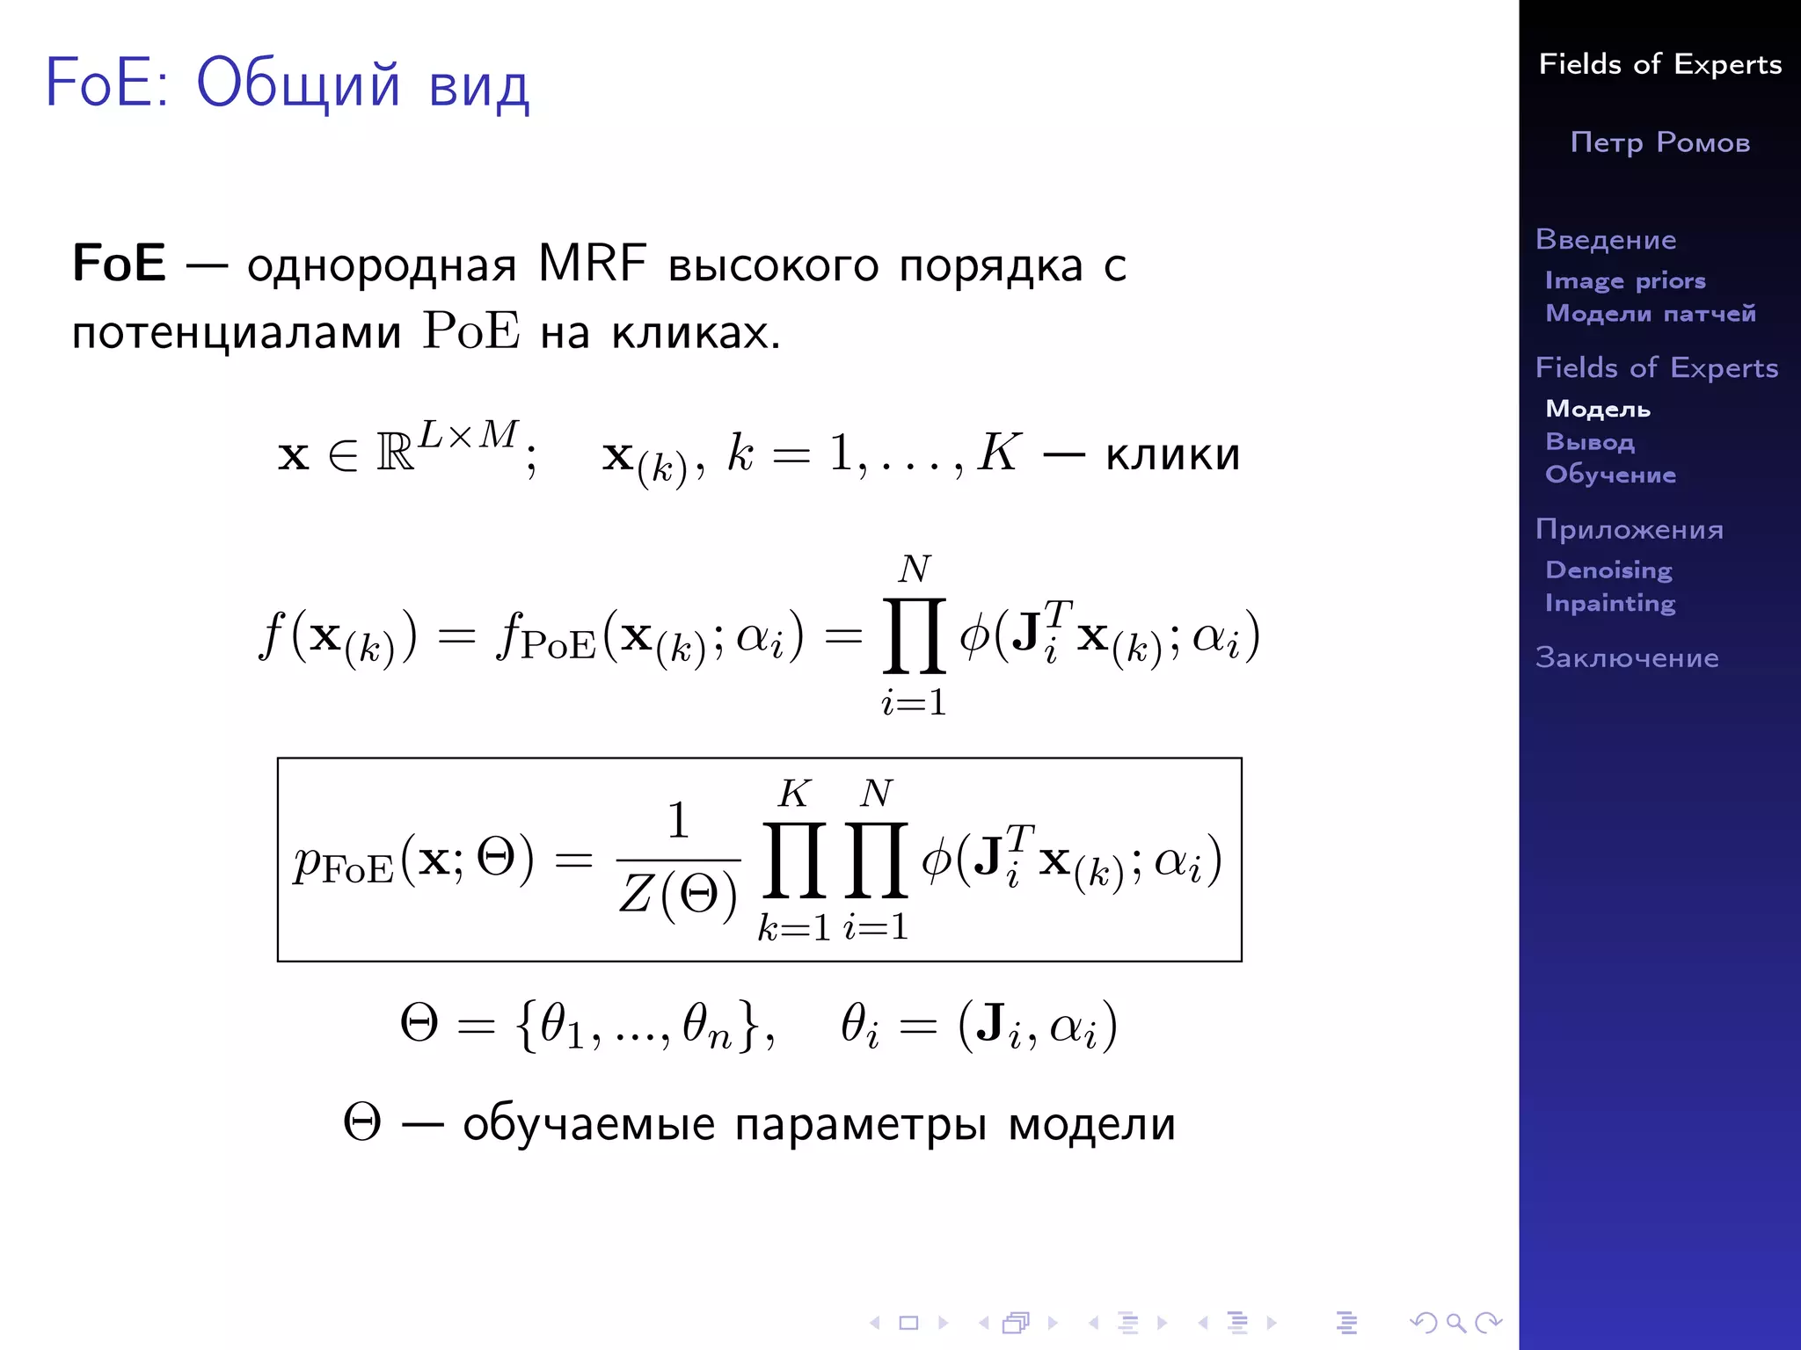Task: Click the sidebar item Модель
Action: point(1598,409)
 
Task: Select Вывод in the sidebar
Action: point(1590,441)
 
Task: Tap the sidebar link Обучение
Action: point(1610,475)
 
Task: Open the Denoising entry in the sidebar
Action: point(1608,570)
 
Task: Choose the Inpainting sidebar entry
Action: point(1610,603)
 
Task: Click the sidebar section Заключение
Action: point(1627,657)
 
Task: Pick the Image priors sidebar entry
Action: point(1625,280)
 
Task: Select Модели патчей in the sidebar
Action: point(1651,313)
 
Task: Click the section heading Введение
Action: point(1606,239)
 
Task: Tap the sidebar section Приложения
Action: point(1630,529)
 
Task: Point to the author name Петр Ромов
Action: point(1660,142)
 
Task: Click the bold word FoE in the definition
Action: point(119,263)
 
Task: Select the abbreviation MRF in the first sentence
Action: point(592,263)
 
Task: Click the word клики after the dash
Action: point(1172,454)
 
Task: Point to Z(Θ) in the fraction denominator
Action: point(678,896)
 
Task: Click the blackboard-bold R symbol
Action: point(395,454)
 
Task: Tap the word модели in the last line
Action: point(1091,1124)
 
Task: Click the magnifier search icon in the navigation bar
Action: point(1456,1322)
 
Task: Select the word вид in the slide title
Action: point(479,85)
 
